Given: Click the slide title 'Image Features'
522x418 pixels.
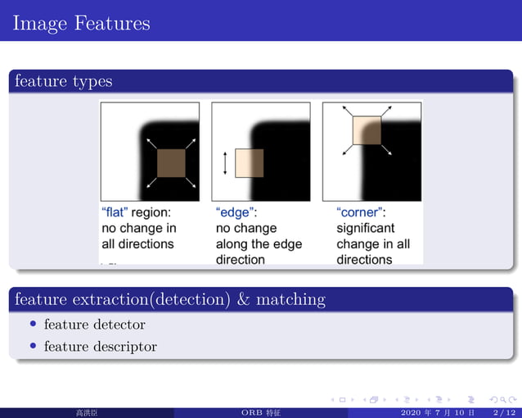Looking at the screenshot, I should tap(81, 23).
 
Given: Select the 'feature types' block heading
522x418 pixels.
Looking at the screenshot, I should tap(63, 81).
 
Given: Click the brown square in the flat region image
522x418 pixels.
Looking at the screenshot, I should tap(172, 163).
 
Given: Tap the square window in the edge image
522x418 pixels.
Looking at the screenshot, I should tap(249, 163).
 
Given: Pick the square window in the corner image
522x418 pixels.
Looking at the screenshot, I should tap(367, 129).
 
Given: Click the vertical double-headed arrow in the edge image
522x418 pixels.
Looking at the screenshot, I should tap(225, 163).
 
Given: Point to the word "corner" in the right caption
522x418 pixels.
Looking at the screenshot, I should tap(361, 212).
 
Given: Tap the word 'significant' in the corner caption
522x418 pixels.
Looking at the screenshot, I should tap(366, 228).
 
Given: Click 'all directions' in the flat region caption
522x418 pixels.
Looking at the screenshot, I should tap(137, 244).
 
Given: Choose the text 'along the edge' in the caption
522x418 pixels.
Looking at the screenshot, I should tap(259, 244).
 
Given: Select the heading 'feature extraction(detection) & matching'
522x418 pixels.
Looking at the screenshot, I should tap(169, 299).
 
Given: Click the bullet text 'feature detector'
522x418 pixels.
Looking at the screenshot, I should tap(94, 325).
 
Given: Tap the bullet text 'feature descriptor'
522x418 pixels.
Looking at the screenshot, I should tap(100, 347).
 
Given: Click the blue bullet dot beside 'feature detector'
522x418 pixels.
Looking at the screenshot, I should tap(34, 325).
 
